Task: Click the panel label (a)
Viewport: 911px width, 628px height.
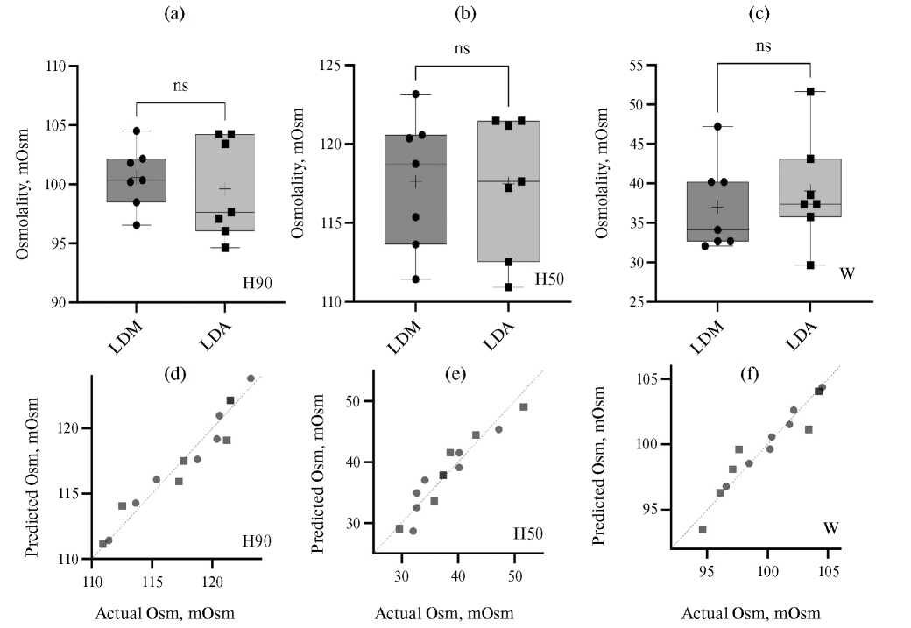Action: tap(181, 14)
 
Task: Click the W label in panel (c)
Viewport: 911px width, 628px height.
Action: tap(846, 273)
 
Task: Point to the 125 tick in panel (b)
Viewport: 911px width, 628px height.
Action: tap(333, 66)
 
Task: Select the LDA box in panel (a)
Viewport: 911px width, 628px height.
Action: tap(225, 182)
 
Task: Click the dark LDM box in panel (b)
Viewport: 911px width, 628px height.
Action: tap(416, 189)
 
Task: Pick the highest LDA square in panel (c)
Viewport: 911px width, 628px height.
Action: tap(810, 91)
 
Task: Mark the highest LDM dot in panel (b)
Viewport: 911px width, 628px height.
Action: tap(416, 94)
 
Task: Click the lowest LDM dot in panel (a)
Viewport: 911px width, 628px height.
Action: tap(137, 225)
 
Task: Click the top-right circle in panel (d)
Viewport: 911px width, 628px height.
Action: tap(251, 378)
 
